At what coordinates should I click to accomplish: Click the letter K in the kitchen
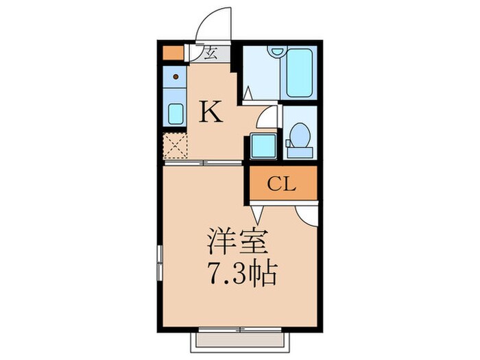pos(211,112)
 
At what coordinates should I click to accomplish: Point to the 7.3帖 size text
pos(241,275)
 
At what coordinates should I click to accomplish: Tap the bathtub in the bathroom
pos(300,73)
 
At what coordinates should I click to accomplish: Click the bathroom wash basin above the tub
pos(277,51)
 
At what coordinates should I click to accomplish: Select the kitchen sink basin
pos(176,113)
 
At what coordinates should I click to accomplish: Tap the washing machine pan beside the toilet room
pos(262,146)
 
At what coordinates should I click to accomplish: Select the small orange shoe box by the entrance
pos(171,53)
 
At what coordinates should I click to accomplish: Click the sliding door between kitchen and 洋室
pos(204,163)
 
